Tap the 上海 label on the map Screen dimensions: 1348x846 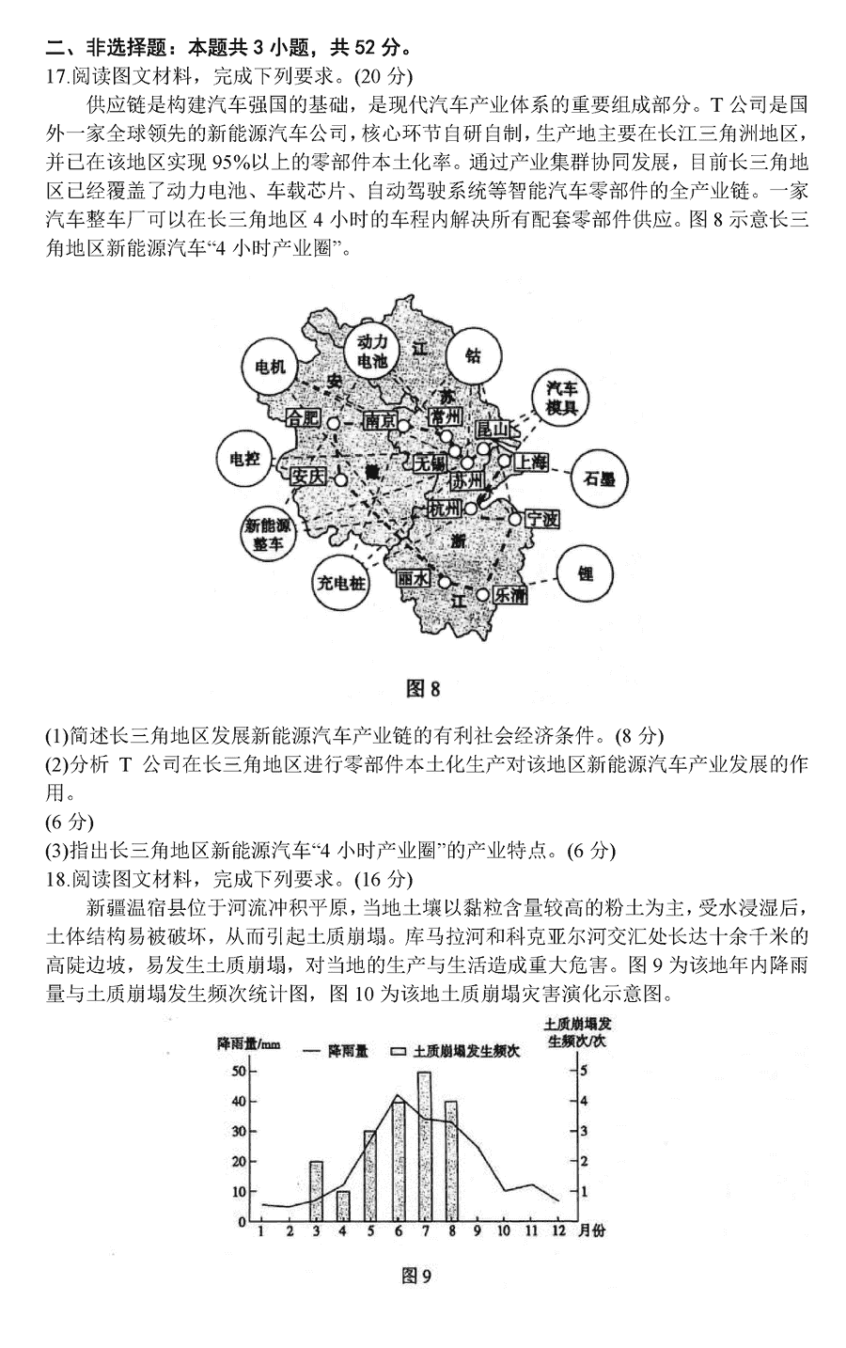(530, 461)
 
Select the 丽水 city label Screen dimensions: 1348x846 (414, 580)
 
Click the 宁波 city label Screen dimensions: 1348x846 (541, 519)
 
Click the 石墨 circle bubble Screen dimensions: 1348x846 (599, 478)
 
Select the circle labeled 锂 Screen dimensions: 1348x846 (585, 573)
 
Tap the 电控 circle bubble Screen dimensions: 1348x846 (243, 459)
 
